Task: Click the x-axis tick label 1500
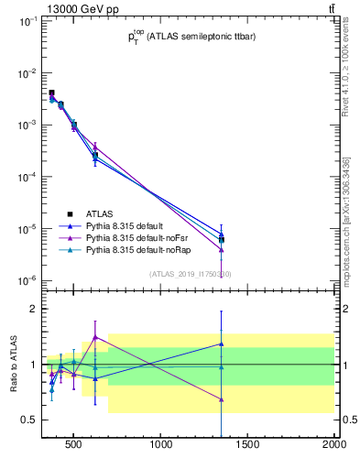248,448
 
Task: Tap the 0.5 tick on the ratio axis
29,420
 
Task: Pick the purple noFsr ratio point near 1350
222,398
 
